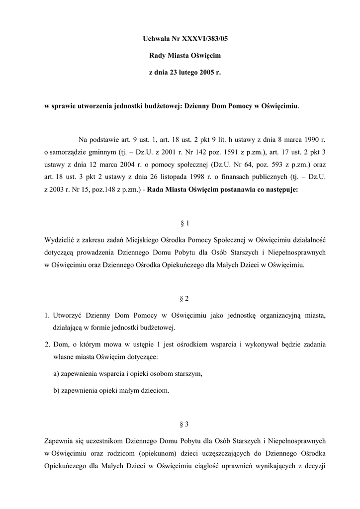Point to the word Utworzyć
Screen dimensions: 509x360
[68, 316]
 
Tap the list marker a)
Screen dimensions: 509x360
[56, 374]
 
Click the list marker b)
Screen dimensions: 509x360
[56, 391]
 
